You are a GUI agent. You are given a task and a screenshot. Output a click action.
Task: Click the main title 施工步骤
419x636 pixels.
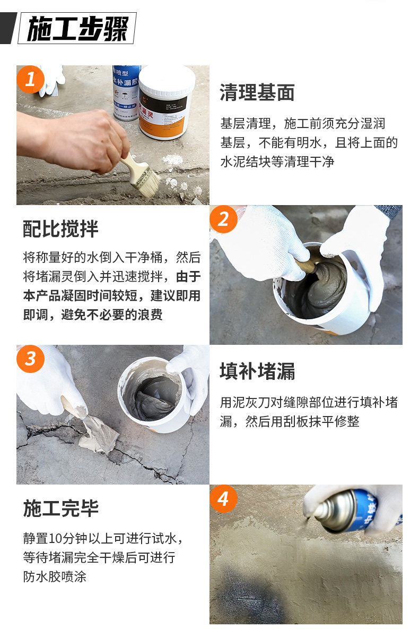(78, 28)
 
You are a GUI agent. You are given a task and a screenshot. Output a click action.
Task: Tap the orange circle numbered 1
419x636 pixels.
(30, 79)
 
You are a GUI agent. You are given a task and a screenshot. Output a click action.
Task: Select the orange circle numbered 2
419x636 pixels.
(223, 219)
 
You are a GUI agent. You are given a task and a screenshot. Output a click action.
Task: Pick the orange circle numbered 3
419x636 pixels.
(30, 359)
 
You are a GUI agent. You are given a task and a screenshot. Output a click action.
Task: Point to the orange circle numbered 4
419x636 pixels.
(223, 498)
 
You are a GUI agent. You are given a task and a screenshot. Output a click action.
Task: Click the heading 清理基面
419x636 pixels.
(257, 92)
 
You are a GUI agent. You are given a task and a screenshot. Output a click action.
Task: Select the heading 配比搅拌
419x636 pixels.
(60, 229)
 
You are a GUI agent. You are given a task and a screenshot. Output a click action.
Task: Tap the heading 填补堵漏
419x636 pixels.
(257, 371)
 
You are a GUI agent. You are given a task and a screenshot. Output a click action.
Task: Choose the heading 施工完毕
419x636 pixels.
(60, 508)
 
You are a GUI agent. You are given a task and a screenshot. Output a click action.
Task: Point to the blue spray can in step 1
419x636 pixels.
(126, 92)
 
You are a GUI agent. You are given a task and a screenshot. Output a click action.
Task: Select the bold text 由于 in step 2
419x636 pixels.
(188, 277)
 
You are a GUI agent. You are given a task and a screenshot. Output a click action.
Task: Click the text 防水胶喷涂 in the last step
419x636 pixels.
(55, 576)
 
